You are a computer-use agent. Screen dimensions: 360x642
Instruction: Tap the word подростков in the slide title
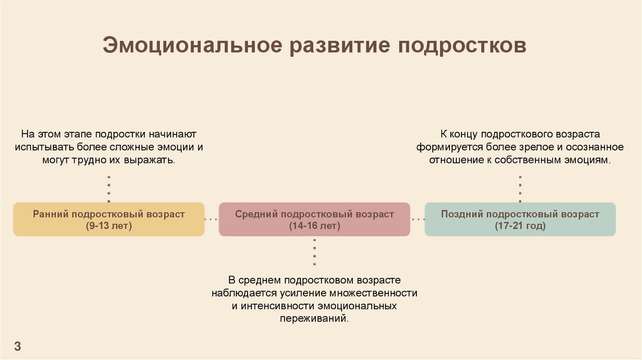(x=466, y=47)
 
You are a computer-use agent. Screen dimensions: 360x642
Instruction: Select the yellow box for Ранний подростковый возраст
(x=109, y=219)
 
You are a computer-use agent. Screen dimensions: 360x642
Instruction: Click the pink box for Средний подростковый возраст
(x=314, y=219)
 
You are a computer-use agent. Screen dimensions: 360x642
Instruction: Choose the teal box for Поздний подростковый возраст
(x=520, y=219)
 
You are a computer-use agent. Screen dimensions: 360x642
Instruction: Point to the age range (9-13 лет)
(x=109, y=226)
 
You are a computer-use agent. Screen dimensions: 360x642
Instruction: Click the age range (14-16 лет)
(x=314, y=226)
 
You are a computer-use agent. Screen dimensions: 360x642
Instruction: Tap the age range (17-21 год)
(x=520, y=226)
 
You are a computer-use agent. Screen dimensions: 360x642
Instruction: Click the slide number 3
(x=18, y=346)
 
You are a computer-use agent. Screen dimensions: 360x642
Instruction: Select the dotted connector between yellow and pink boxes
(x=211, y=220)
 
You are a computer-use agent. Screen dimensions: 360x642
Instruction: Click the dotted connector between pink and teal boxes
(x=418, y=220)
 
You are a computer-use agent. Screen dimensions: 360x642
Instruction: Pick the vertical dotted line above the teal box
(x=520, y=189)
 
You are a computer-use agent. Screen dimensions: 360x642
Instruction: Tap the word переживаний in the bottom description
(x=313, y=319)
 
